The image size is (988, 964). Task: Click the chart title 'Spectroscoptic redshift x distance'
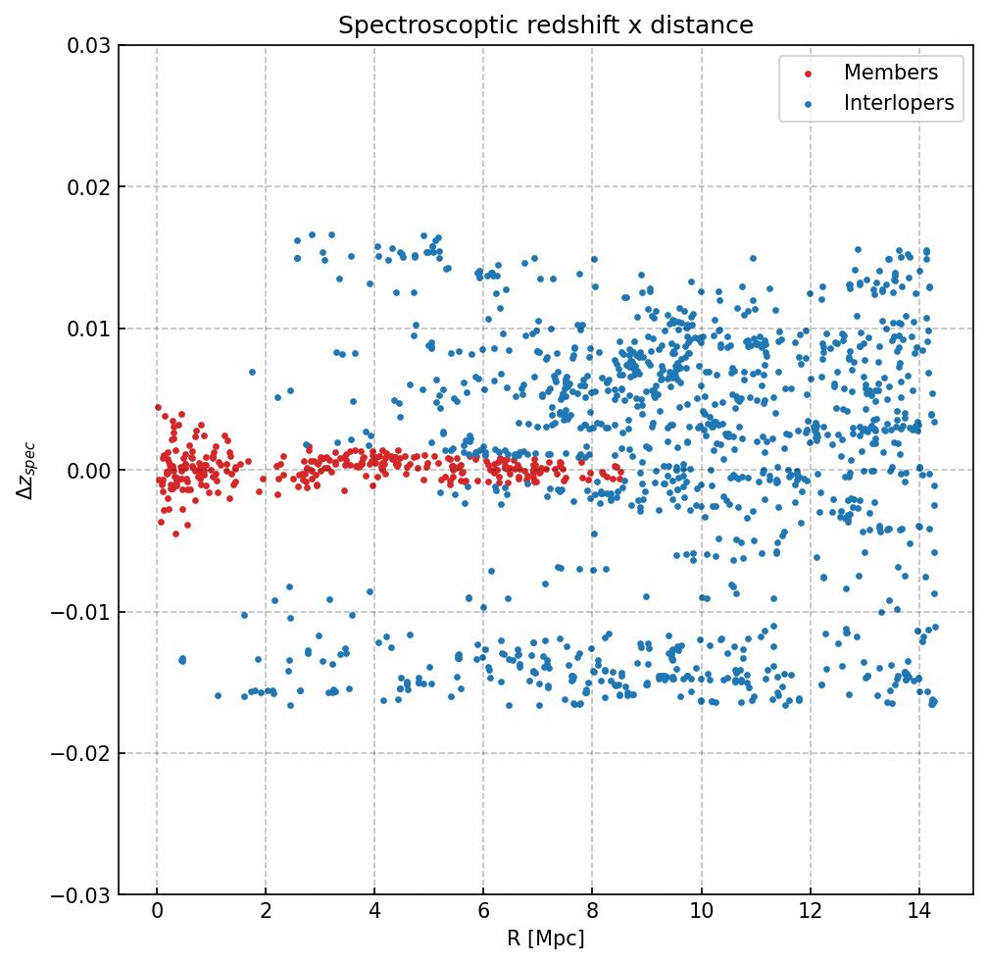pos(546,25)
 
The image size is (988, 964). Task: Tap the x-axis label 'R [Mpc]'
pos(546,939)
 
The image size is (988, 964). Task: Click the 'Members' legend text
pos(891,73)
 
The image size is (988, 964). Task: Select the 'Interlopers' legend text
pos(899,103)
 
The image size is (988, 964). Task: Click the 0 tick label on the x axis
pos(157,914)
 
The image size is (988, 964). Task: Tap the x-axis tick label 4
pos(374,914)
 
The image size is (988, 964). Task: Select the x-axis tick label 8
pos(592,914)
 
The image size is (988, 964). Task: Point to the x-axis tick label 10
pos(701,914)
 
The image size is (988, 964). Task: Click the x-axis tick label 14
pos(918,914)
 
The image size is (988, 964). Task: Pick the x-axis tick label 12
pos(810,914)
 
